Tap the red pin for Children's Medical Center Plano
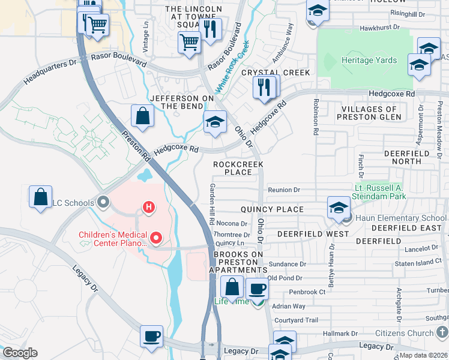pyautogui.click(x=157, y=238)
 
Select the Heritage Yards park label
pyautogui.click(x=369, y=60)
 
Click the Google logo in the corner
pyautogui.click(x=20, y=353)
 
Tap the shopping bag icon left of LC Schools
pyautogui.click(x=40, y=196)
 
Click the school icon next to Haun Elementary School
pyautogui.click(x=339, y=207)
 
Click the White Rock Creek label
pyautogui.click(x=232, y=67)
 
